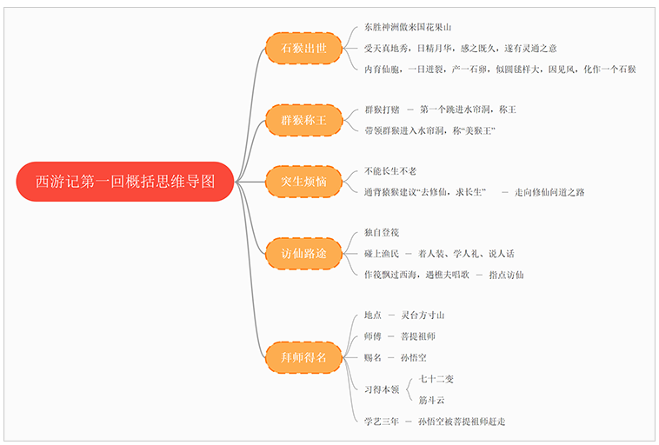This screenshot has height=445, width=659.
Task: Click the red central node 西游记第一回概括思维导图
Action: pyautogui.click(x=124, y=182)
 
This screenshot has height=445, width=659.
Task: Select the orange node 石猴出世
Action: pyautogui.click(x=303, y=49)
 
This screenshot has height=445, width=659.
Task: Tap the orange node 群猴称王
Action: pyautogui.click(x=303, y=120)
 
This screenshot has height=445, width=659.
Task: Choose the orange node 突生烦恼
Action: pyautogui.click(x=303, y=182)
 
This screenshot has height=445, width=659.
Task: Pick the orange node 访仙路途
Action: pyautogui.click(x=303, y=254)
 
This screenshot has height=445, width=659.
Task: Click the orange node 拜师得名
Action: pyautogui.click(x=303, y=356)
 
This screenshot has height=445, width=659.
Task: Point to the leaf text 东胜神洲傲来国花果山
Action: pyautogui.click(x=408, y=27)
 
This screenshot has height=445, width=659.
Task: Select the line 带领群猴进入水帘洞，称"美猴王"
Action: pyautogui.click(x=429, y=130)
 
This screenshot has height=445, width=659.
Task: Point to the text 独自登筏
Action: pyautogui.click(x=382, y=233)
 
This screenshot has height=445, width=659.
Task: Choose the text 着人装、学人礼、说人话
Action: pyautogui.click(x=466, y=254)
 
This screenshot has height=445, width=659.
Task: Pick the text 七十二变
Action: pyautogui.click(x=436, y=379)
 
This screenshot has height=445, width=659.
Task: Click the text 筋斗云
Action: pyautogui.click(x=432, y=400)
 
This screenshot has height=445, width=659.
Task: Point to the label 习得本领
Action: pyautogui.click(x=382, y=390)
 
